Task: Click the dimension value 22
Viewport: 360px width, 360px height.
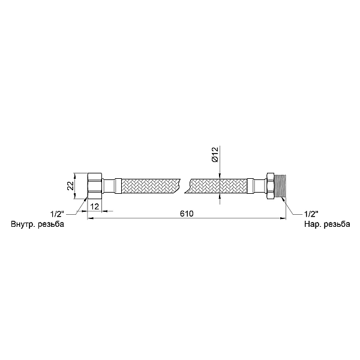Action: click(70, 186)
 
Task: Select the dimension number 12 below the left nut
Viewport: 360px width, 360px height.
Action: click(95, 206)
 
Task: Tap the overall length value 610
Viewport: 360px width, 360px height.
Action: click(186, 214)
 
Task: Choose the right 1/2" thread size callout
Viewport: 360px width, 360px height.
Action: click(311, 213)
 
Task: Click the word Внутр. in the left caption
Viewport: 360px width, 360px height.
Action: click(24, 224)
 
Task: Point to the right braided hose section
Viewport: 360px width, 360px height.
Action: click(216, 186)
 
